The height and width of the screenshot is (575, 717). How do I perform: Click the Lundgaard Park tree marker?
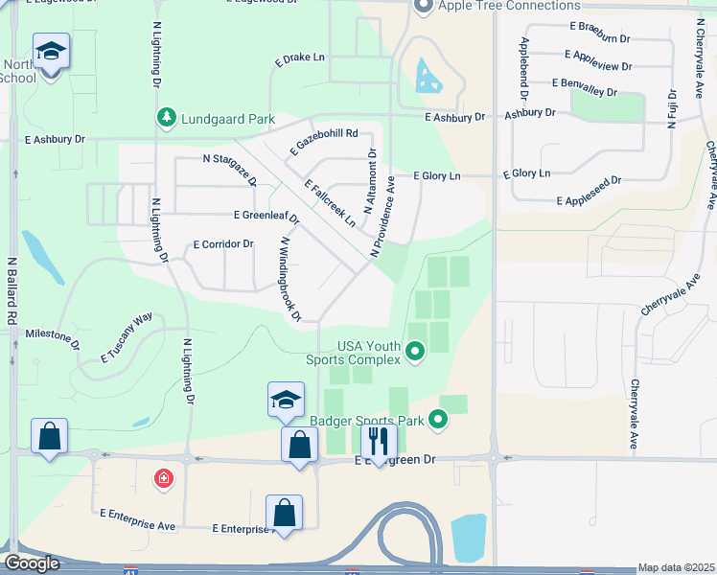[x=167, y=117]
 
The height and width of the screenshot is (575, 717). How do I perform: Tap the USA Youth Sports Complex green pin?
[x=415, y=354]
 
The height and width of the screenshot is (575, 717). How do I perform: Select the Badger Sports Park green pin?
[x=438, y=419]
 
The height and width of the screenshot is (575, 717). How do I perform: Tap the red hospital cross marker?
[x=164, y=477]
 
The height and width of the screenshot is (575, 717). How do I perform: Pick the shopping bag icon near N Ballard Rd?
[x=49, y=436]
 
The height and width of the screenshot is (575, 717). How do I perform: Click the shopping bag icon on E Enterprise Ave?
[x=284, y=512]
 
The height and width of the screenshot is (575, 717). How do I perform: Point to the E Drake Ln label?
[x=300, y=57]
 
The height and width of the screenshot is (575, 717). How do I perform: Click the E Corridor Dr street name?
[x=223, y=244]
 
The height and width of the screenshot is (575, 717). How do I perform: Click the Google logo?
[x=33, y=563]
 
